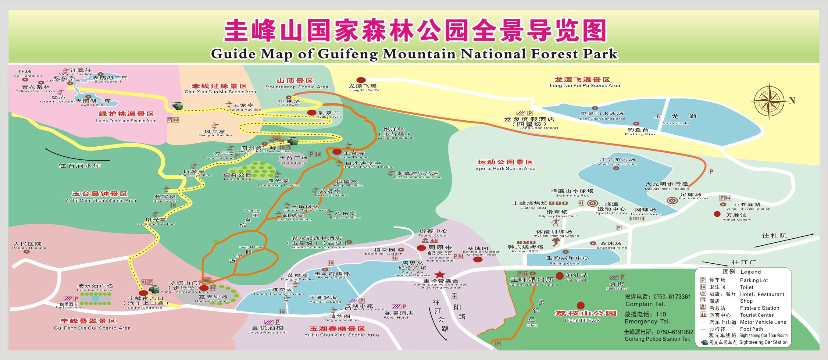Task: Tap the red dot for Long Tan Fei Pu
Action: click(x=361, y=80)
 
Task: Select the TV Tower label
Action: click(x=289, y=102)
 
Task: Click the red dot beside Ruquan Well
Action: click(x=312, y=112)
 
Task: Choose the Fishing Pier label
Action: click(x=640, y=132)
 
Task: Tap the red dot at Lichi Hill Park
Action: click(x=580, y=305)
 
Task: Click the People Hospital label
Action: click(x=29, y=246)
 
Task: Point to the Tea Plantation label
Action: click(x=27, y=73)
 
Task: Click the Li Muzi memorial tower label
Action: click(x=417, y=175)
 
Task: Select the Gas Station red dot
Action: click(x=560, y=276)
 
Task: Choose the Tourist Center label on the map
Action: click(x=433, y=233)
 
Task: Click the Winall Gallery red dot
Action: click(x=717, y=214)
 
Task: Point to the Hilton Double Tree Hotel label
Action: click(x=317, y=243)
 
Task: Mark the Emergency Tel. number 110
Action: click(x=661, y=314)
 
